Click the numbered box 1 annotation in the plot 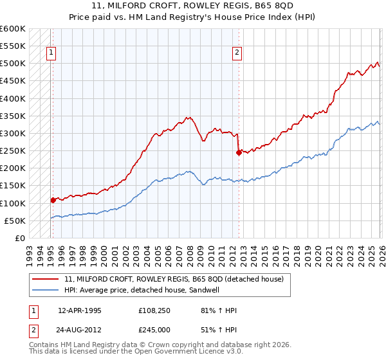pos(51,53)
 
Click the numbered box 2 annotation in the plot pos(237,53)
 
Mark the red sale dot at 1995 pos(53,200)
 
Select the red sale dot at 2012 pos(238,152)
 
